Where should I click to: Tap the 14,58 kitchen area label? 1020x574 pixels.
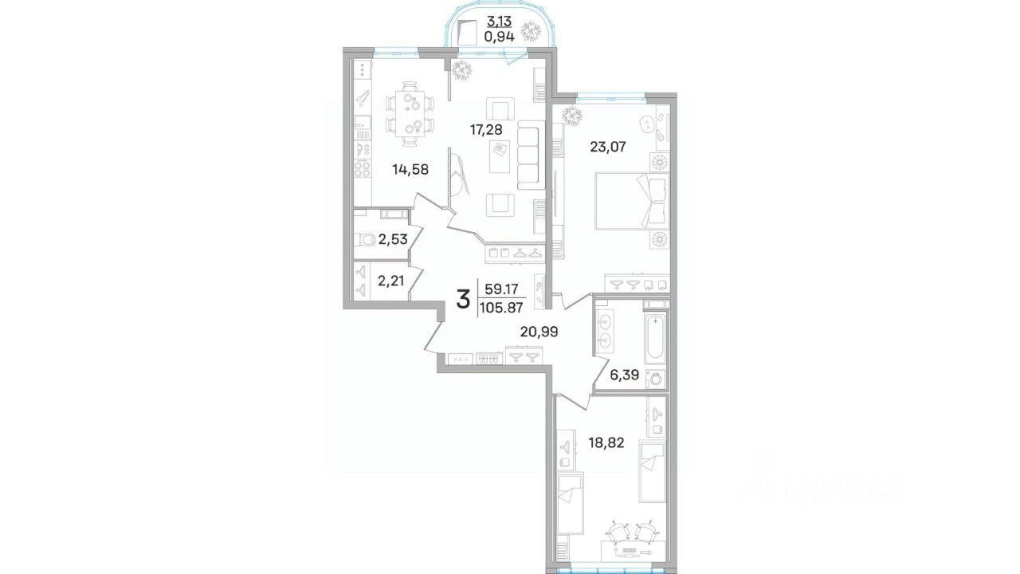[92, 170]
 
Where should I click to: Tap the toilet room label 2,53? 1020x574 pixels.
[74, 238]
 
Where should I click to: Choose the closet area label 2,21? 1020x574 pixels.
[72, 281]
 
